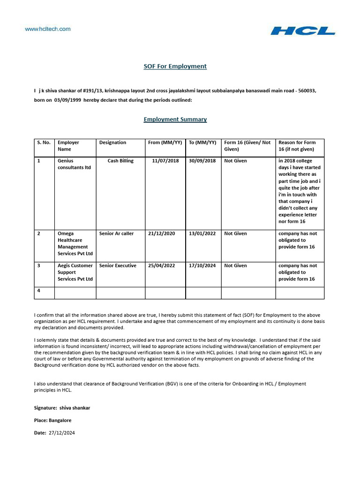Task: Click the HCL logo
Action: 303,31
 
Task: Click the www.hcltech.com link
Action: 48,29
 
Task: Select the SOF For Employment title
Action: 175,66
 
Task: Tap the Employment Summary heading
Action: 175,119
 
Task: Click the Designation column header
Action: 112,142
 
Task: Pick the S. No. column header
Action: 44,142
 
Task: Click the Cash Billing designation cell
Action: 120,161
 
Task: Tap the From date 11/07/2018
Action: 165,161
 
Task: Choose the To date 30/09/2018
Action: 202,161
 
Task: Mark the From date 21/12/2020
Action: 161,233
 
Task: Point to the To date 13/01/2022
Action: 202,233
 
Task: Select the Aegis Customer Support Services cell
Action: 75,272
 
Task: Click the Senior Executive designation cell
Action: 118,265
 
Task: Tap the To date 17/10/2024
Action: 202,265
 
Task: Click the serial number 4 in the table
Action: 39,291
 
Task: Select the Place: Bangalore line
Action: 53,420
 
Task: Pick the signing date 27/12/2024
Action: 61,433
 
